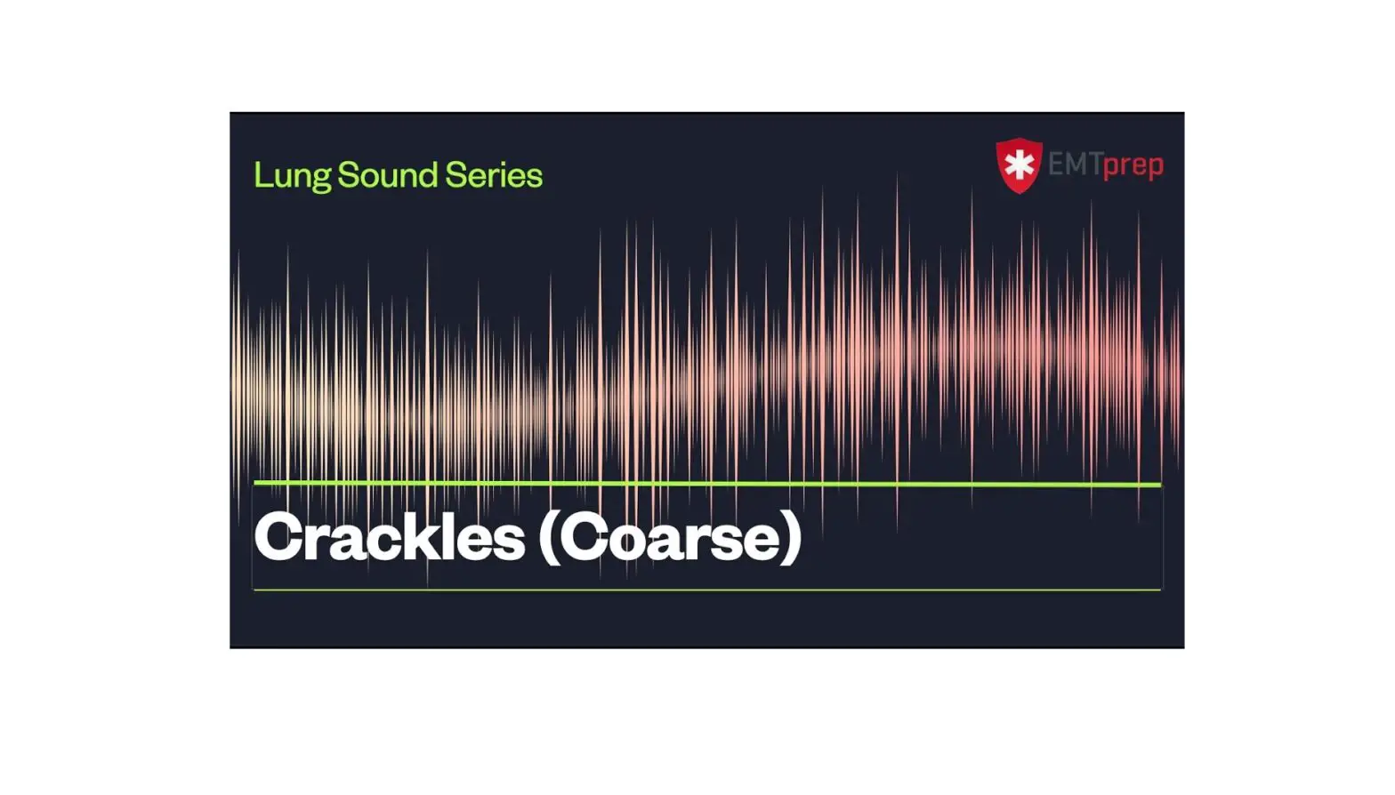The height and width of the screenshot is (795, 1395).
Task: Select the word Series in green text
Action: pos(494,175)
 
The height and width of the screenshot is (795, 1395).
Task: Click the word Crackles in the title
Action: pos(390,537)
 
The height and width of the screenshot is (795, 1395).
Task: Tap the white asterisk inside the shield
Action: pos(1019,164)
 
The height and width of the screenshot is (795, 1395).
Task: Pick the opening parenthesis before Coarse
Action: pos(548,537)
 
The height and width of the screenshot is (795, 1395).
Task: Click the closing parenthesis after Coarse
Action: pos(790,537)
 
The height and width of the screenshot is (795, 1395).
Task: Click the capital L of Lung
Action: pos(261,175)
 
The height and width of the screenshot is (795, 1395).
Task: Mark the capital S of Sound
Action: pos(348,175)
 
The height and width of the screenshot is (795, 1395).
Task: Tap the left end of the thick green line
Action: pos(256,483)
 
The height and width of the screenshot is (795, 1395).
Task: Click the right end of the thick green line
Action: pos(1158,485)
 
